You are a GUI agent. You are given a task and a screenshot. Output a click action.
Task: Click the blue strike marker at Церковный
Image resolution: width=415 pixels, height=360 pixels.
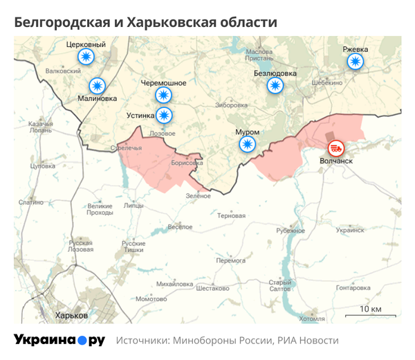pos(85,57)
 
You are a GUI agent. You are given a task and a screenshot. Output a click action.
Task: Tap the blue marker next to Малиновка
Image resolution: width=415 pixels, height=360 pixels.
pos(98,86)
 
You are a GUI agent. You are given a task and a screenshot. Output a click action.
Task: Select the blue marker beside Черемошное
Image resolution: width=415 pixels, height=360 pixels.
pos(163,95)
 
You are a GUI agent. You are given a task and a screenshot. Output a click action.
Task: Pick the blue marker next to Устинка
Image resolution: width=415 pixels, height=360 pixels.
pos(164,115)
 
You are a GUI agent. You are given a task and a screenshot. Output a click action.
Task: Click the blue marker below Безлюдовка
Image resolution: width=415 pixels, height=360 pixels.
pos(275,85)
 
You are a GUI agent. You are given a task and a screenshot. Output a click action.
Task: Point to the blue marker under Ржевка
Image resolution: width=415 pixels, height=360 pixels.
pos(356,62)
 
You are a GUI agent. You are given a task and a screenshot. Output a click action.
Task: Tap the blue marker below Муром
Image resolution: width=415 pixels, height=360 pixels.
pos(247,144)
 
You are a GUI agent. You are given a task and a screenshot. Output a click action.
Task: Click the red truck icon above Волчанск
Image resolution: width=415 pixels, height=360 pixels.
pos(336,147)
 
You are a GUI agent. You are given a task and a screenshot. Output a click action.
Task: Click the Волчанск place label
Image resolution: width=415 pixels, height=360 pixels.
pos(336,161)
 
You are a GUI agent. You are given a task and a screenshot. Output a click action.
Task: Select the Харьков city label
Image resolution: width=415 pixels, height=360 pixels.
pos(71,315)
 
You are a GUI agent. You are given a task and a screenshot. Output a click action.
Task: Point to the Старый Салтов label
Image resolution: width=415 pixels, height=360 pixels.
pos(279,286)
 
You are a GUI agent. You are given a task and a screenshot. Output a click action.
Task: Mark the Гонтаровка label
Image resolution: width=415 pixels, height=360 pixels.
pos(353,288)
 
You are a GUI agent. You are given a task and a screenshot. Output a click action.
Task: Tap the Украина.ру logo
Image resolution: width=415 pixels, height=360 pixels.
pos(59,340)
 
